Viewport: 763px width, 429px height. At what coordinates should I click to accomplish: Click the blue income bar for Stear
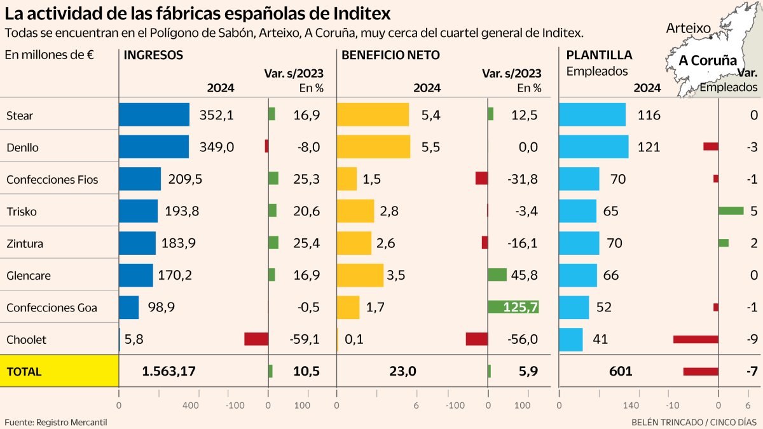154,114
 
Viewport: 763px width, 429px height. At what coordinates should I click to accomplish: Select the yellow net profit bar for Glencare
360,275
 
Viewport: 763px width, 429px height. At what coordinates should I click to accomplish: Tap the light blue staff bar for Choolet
570,339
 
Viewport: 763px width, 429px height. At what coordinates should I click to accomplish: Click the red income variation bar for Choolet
256,339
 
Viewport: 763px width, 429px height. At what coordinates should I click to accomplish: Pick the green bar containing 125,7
513,307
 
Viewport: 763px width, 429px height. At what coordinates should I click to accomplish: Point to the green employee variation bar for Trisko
731,210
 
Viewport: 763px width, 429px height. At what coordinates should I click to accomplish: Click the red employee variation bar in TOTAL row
701,371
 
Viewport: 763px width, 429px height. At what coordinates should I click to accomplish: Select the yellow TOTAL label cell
59,371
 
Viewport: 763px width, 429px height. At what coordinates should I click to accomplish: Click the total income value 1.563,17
168,371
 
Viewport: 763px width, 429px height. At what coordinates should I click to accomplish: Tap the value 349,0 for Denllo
217,147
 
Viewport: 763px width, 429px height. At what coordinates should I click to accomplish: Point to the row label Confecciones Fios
52,179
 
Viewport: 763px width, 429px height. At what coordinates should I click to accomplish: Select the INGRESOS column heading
153,55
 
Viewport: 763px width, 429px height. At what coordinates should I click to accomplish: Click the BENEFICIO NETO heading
390,55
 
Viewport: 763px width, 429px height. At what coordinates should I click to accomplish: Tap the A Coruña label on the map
708,60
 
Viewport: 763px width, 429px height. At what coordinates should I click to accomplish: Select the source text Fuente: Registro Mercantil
56,422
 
